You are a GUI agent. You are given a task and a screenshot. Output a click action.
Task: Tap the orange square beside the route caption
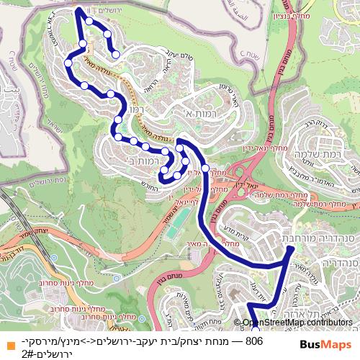coord(6,343)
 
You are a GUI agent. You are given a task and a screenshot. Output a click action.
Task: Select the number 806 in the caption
coord(253,341)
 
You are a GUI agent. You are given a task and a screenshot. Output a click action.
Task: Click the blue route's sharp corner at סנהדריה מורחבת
coord(292,248)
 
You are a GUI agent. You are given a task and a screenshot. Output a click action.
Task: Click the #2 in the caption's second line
coord(29,354)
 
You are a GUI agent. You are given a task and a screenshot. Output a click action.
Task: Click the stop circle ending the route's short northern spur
coord(116,54)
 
